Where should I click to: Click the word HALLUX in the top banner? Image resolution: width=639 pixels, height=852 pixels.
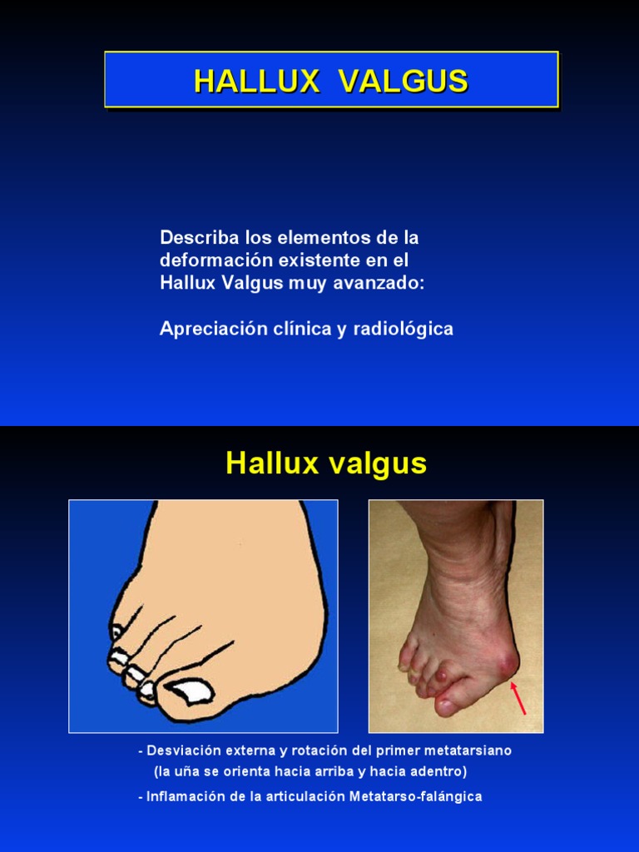point(256,81)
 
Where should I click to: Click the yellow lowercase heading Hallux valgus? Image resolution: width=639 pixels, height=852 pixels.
point(326,463)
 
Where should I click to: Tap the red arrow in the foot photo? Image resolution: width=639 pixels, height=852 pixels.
point(518,697)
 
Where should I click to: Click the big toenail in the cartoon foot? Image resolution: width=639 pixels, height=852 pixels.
point(189,691)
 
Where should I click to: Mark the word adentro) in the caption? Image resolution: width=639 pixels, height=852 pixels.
point(438,771)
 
